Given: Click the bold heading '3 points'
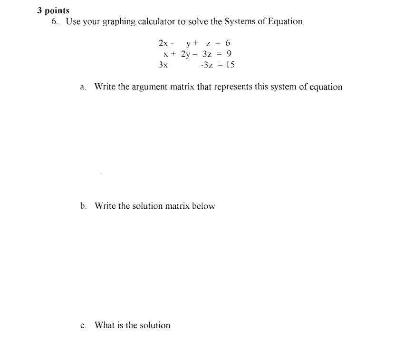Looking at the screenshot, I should pos(53,10).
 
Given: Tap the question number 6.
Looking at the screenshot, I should pos(55,22).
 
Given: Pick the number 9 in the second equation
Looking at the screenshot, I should pos(229,54).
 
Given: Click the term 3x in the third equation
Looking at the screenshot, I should pos(163,65).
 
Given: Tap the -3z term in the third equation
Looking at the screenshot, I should pos(207,65).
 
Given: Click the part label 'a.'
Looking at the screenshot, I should pos(83,87).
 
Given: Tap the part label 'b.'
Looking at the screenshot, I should pos(83,206).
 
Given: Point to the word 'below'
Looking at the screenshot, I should pos(203,206).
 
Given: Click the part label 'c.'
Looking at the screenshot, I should pos(83,326).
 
